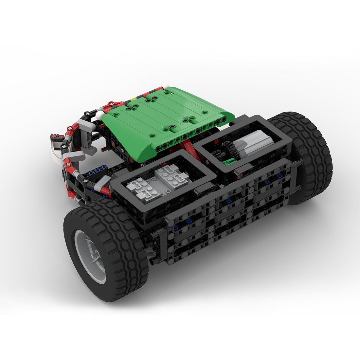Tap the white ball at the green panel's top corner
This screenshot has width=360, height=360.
(x=166, y=86)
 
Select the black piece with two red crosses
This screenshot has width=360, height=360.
(x=57, y=136)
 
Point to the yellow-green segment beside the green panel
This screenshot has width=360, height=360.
(x=134, y=99)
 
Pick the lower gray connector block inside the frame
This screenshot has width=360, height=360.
(x=144, y=190)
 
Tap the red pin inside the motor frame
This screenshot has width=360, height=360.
(x=216, y=142)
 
